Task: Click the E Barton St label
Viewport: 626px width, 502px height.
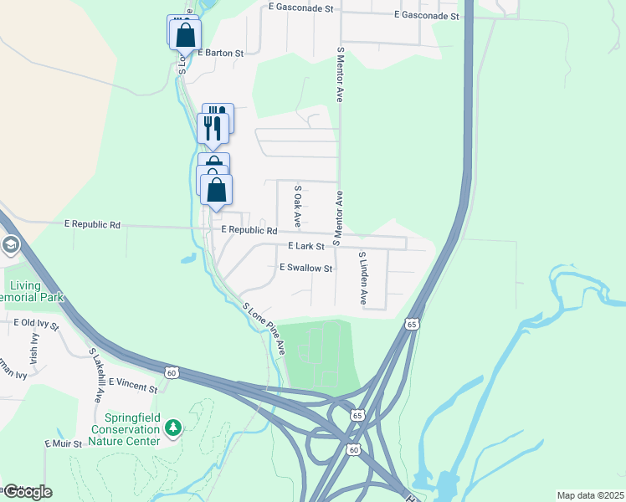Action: (220, 53)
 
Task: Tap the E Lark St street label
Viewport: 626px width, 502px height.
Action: (305, 247)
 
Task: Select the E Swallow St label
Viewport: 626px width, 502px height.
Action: (305, 269)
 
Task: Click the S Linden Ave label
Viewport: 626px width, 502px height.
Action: (362, 278)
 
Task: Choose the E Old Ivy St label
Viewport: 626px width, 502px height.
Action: (36, 322)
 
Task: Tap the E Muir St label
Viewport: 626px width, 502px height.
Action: (64, 443)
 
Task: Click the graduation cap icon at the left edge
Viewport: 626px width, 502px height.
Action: (10, 245)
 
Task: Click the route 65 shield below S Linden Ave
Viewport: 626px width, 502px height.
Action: (411, 324)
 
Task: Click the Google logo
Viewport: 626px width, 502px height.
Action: (27, 491)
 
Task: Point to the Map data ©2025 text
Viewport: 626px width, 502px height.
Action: (589, 495)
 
